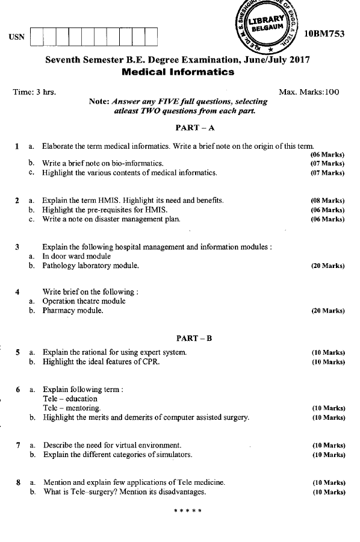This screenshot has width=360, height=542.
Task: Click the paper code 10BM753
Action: point(325,34)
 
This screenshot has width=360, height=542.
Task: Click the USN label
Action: point(17,37)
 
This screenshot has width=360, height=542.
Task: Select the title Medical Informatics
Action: point(178,72)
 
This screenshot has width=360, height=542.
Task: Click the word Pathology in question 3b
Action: point(59,265)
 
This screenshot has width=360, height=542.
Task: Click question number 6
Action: point(18,389)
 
